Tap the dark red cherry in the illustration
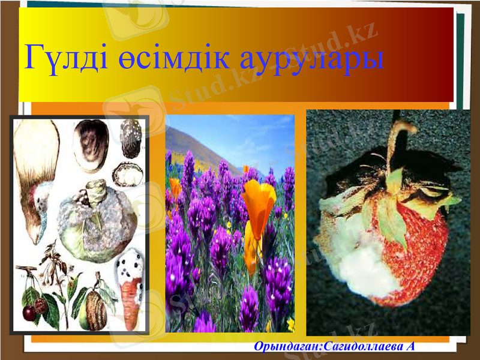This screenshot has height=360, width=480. click(x=29, y=313)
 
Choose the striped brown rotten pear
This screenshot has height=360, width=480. click(x=96, y=309)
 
